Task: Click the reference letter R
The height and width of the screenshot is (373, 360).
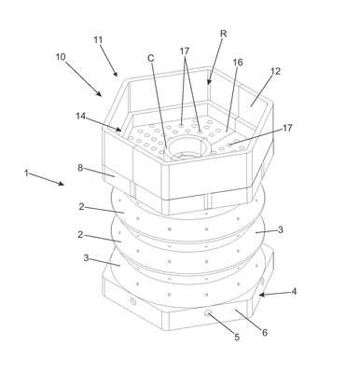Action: (x=223, y=34)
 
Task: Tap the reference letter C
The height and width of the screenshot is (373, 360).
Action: (x=151, y=58)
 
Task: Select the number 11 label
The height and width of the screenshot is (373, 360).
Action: (x=98, y=40)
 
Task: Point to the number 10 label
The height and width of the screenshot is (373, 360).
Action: (x=61, y=57)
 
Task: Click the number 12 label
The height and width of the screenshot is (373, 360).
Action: (x=275, y=71)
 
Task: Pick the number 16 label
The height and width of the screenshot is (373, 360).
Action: (x=238, y=62)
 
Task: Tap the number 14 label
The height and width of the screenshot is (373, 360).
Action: (x=81, y=116)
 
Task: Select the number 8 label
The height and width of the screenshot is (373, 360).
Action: (x=80, y=168)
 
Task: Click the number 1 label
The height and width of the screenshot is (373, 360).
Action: (x=27, y=173)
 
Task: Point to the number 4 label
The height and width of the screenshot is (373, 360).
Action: (x=294, y=292)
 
